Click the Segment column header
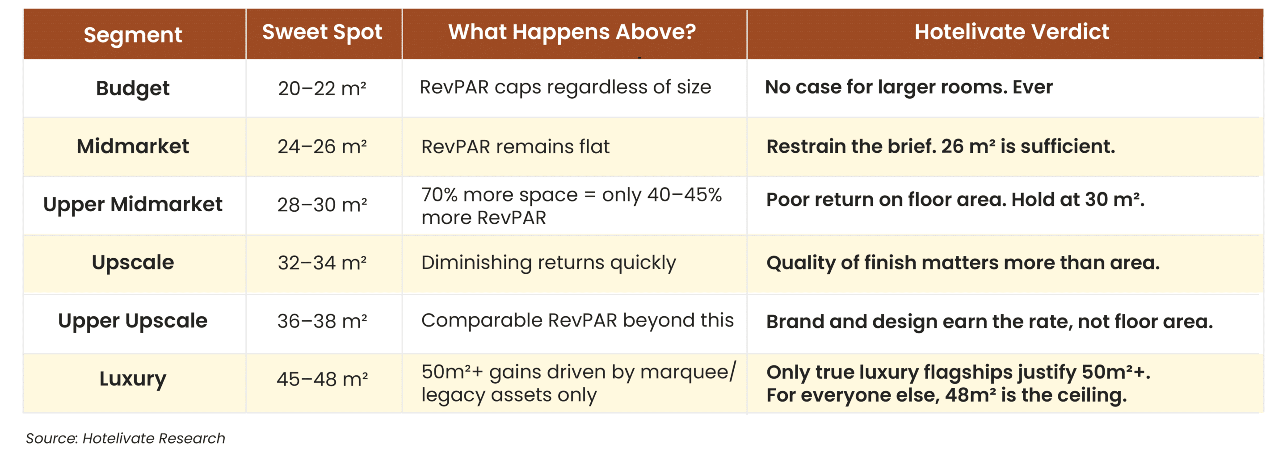pyautogui.click(x=133, y=35)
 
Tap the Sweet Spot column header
pyautogui.click(x=322, y=33)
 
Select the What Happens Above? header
pyautogui.click(x=572, y=32)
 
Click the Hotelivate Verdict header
pyautogui.click(x=1012, y=32)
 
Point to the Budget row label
pyautogui.click(x=133, y=88)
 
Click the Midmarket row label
pyautogui.click(x=133, y=147)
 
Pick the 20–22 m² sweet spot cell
pyautogui.click(x=322, y=88)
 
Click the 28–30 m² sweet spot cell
pyautogui.click(x=322, y=205)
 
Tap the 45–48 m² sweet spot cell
pyautogui.click(x=322, y=380)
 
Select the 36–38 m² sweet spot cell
pyautogui.click(x=322, y=321)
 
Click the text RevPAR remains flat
pyautogui.click(x=516, y=147)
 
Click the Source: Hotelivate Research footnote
pyautogui.click(x=126, y=439)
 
